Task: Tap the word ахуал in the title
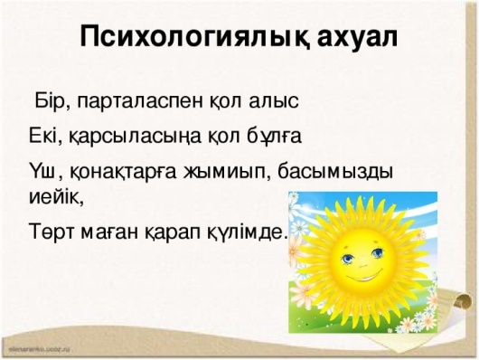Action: point(357,37)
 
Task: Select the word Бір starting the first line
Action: point(50,100)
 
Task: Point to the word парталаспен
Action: point(139,101)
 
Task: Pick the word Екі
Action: point(43,135)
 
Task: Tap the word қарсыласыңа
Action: point(136,137)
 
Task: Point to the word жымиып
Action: point(225,173)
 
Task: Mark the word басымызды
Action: point(335,173)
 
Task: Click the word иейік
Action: point(55,196)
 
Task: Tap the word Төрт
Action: point(52,234)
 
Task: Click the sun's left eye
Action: point(347,259)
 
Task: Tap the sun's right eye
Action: point(378,252)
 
